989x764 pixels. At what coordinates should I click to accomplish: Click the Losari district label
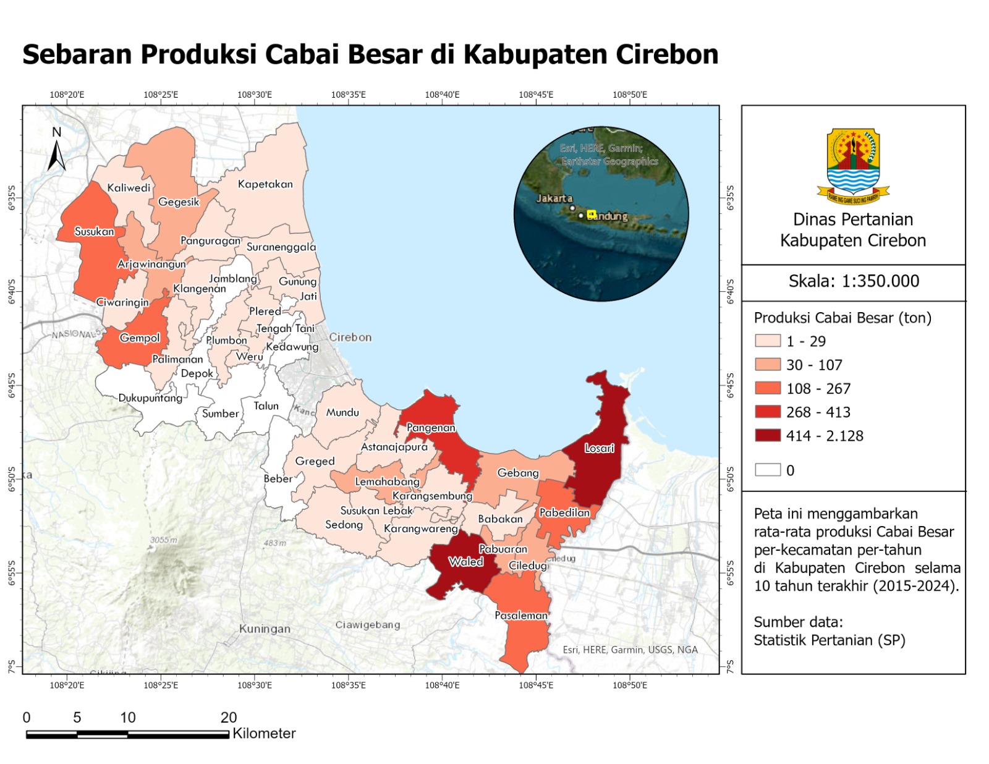pyautogui.click(x=599, y=448)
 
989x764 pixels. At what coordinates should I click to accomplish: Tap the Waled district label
pyautogui.click(x=465, y=562)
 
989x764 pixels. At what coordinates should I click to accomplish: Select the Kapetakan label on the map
pyautogui.click(x=265, y=184)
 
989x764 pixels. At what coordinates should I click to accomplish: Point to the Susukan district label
pyautogui.click(x=94, y=232)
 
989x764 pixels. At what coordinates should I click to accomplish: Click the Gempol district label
pyautogui.click(x=140, y=338)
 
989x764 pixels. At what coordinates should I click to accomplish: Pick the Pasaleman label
pyautogui.click(x=521, y=616)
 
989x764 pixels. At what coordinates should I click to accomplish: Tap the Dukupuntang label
pyautogui.click(x=150, y=398)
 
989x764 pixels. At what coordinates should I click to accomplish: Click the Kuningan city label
pyautogui.click(x=265, y=629)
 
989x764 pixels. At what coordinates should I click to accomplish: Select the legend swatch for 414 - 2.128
pyautogui.click(x=767, y=436)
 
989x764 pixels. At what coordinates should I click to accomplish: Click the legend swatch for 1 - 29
pyautogui.click(x=767, y=341)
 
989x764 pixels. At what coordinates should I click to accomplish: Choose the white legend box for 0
pyautogui.click(x=767, y=470)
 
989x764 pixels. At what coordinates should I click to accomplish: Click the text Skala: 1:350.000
pyautogui.click(x=853, y=281)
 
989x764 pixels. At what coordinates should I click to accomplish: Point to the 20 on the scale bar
pyautogui.click(x=228, y=718)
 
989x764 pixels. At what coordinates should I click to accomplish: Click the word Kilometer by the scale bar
pyautogui.click(x=264, y=734)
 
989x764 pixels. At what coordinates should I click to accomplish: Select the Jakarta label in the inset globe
pyautogui.click(x=554, y=198)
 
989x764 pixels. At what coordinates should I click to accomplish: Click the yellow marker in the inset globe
pyautogui.click(x=591, y=214)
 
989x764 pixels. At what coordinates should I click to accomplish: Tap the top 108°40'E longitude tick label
pyautogui.click(x=442, y=95)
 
